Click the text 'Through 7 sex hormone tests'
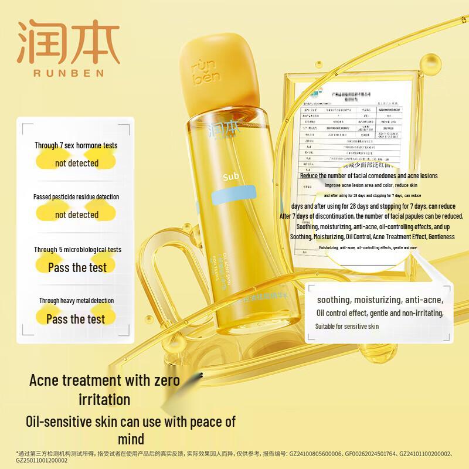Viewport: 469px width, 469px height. point(76,145)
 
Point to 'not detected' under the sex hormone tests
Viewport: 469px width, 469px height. point(77,163)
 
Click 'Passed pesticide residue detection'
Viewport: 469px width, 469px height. point(76,197)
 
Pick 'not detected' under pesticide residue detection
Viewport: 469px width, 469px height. point(77,215)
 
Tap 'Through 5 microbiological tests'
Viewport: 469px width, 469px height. point(77,249)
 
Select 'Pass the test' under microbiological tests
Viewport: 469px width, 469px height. point(77,267)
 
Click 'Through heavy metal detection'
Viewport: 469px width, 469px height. point(77,301)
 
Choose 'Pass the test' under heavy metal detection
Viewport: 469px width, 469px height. point(76,319)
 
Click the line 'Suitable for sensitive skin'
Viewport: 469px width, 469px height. point(347,326)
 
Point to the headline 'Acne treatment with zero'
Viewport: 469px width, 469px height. point(105,380)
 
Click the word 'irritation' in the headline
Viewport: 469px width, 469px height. point(104,400)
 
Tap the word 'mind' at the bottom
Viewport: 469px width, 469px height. point(127,438)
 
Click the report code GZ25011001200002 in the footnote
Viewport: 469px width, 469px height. point(35,461)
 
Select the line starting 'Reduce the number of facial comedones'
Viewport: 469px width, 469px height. point(369,175)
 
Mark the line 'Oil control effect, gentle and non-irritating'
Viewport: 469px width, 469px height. point(379,313)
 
